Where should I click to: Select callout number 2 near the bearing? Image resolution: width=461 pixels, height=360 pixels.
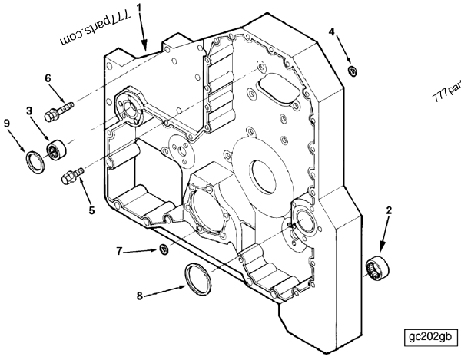[389, 209]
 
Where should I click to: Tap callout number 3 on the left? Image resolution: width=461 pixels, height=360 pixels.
[30, 111]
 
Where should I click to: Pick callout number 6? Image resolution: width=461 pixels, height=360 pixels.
[48, 78]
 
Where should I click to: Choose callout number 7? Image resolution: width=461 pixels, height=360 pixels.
[119, 250]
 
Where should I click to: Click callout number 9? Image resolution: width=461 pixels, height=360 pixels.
[7, 122]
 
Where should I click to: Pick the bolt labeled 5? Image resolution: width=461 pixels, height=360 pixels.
[70, 177]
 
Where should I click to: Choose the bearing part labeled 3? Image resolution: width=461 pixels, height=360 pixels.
[56, 147]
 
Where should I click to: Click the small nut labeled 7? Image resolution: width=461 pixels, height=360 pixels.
[162, 248]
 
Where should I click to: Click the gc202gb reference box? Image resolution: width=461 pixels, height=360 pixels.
[433, 336]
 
